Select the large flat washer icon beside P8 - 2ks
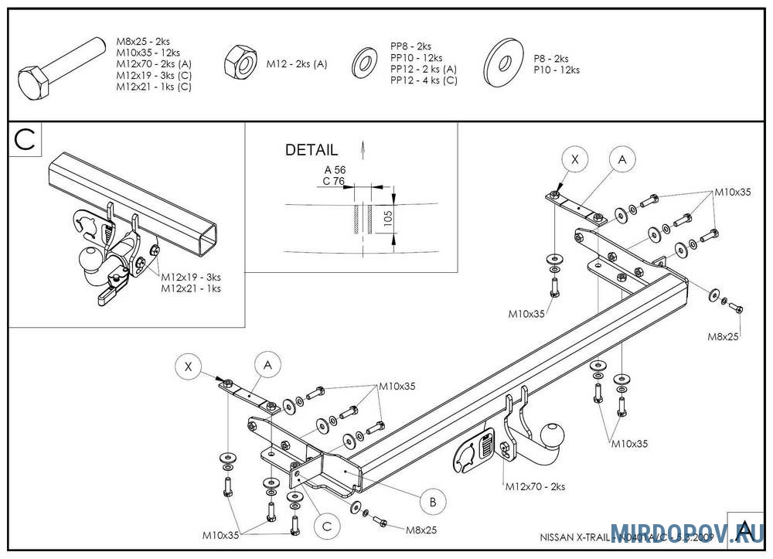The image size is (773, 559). tap(502, 63)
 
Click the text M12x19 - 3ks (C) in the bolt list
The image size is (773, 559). tap(154, 75)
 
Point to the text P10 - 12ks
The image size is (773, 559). tap(557, 70)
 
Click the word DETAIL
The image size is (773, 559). tap(312, 150)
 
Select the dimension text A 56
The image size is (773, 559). tap(334, 170)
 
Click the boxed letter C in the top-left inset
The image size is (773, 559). tap(25, 140)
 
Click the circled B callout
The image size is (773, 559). tap(433, 502)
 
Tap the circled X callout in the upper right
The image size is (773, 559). tap(574, 159)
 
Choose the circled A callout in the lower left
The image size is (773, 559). tap(267, 363)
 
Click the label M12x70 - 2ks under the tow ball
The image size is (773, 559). tap(535, 486)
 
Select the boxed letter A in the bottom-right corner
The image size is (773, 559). tap(744, 530)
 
